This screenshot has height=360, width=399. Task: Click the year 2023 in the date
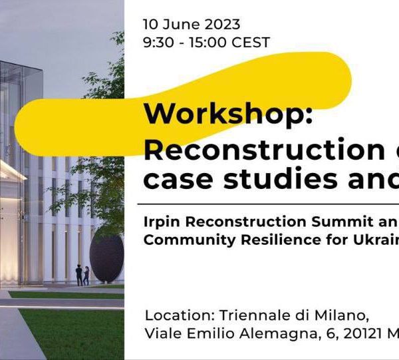(222, 25)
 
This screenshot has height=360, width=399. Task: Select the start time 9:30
(158, 43)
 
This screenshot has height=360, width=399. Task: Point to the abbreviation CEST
(251, 43)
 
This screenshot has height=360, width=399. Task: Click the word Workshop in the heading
(225, 114)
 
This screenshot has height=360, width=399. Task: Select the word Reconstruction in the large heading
(264, 149)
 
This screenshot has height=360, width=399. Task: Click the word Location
(180, 315)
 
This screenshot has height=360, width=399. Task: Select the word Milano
(342, 315)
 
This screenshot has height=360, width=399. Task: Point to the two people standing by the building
(82, 275)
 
